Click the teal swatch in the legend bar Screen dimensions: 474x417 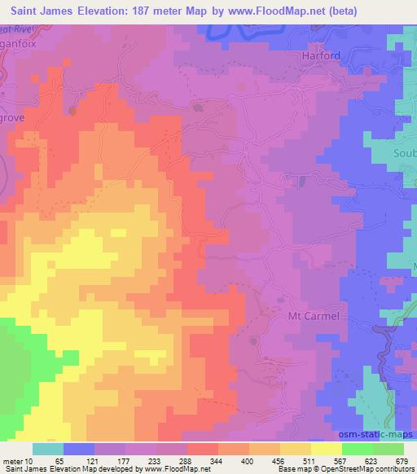[x=48, y=449]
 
